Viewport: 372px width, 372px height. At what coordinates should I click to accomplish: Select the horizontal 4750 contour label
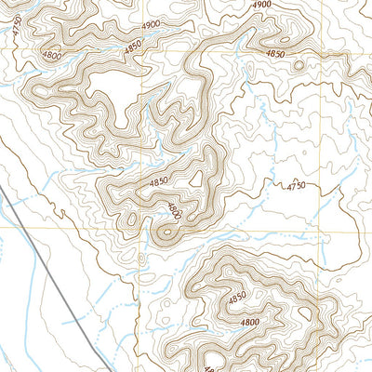(296, 187)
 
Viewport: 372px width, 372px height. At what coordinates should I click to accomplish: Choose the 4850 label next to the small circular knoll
(276, 55)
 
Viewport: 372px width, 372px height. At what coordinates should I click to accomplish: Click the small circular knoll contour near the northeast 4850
(298, 65)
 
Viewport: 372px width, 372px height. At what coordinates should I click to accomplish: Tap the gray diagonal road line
(56, 270)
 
